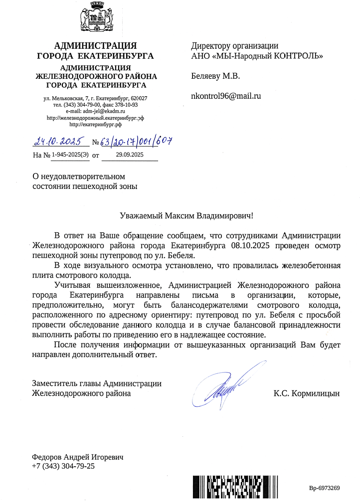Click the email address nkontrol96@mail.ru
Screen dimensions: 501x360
[x=226, y=95]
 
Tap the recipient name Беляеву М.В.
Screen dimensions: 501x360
[x=215, y=76]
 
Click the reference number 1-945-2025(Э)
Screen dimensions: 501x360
[x=70, y=155]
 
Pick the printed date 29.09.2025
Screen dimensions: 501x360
[x=129, y=155]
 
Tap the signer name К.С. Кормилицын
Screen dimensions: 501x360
[x=306, y=393]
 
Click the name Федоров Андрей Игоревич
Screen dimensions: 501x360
[x=77, y=457]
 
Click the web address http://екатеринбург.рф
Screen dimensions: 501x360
[x=96, y=125]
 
